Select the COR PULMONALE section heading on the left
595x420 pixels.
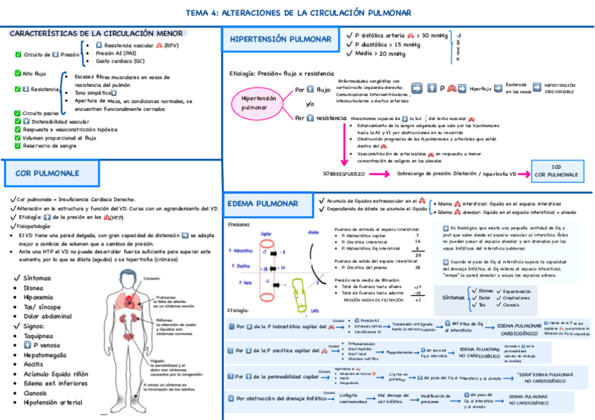point(47,172)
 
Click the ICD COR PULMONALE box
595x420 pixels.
point(556,170)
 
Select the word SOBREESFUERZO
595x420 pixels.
point(345,173)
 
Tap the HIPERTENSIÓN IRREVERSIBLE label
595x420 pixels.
point(559,88)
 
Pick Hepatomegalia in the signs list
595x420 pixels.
point(50,355)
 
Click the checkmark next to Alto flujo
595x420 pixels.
point(17,73)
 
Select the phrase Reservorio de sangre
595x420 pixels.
point(51,147)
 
